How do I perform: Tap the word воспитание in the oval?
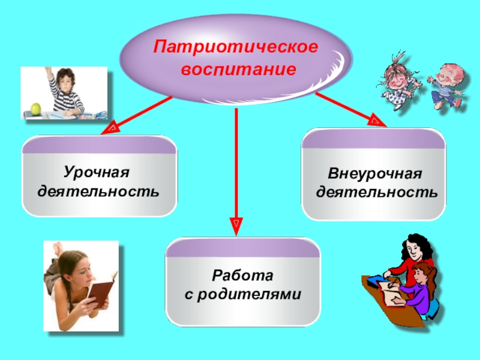[x=239, y=69]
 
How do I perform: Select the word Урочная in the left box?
[x=97, y=173]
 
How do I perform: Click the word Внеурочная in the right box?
[x=375, y=174]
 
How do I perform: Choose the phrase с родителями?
[x=243, y=295]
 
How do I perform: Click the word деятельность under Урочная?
[x=98, y=192]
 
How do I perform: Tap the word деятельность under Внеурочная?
[x=377, y=193]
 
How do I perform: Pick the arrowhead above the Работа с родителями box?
[x=236, y=226]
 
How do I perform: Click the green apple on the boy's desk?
[x=35, y=109]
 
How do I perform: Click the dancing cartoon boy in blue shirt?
[x=446, y=84]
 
